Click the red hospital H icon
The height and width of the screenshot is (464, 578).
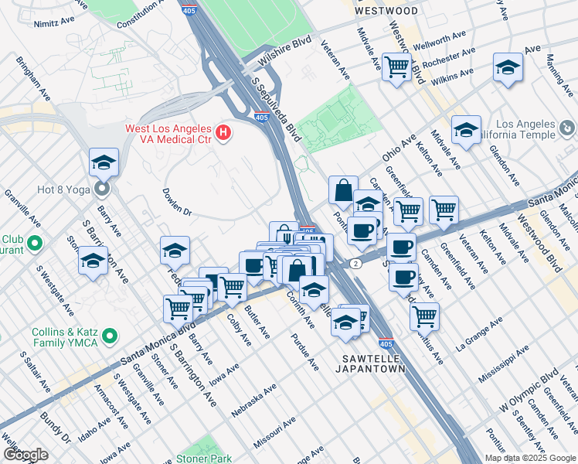click(224, 133)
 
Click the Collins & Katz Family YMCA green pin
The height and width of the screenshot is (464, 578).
click(110, 336)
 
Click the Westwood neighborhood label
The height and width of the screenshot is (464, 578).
click(386, 11)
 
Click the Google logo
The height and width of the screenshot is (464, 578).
click(25, 455)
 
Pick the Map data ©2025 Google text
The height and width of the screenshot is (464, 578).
click(530, 458)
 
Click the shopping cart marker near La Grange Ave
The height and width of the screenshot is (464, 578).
click(424, 315)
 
